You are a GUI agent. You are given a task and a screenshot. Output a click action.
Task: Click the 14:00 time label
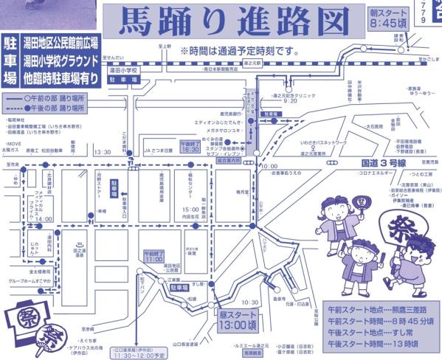(44, 219)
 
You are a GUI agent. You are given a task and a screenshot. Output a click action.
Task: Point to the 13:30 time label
(103, 153)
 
